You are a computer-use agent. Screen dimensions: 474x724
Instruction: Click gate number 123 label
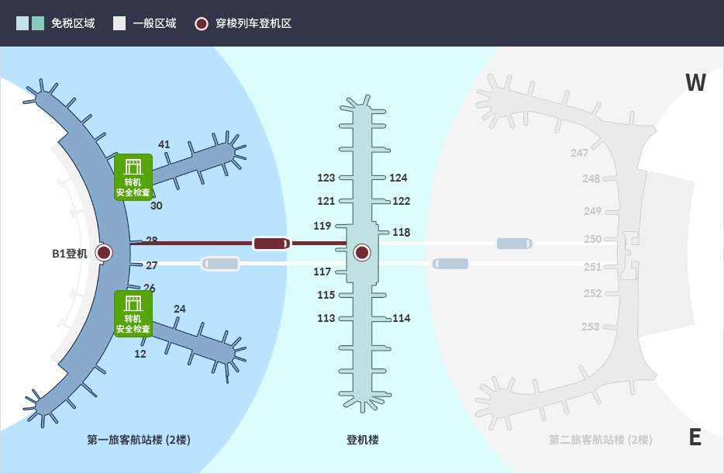326,178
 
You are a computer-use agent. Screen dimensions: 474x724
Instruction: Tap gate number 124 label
398,178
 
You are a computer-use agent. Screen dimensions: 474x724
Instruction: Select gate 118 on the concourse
402,232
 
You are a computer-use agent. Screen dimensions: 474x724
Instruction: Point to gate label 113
326,318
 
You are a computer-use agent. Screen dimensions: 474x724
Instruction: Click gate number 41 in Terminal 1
164,144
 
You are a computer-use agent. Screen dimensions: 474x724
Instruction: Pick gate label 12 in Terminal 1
140,354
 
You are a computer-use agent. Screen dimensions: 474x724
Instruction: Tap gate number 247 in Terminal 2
580,153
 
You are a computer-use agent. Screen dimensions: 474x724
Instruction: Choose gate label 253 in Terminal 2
591,327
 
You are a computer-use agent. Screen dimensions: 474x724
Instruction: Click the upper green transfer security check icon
133,177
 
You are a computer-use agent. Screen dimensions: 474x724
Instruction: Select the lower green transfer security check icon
133,313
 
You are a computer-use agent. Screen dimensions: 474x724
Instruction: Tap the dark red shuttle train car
271,244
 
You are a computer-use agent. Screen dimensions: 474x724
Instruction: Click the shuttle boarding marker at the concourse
362,252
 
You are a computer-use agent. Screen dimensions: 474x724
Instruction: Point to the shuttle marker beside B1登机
104,252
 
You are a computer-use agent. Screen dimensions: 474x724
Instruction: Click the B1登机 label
70,253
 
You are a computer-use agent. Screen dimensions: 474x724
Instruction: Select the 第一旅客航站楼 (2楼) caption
139,440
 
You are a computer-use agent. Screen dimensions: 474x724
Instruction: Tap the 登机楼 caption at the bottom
362,440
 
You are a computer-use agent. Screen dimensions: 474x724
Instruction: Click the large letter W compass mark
695,82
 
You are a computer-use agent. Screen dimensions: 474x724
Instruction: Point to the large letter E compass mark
695,438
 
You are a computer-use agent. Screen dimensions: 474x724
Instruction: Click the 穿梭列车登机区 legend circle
202,23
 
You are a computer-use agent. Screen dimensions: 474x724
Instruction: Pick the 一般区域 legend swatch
119,23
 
